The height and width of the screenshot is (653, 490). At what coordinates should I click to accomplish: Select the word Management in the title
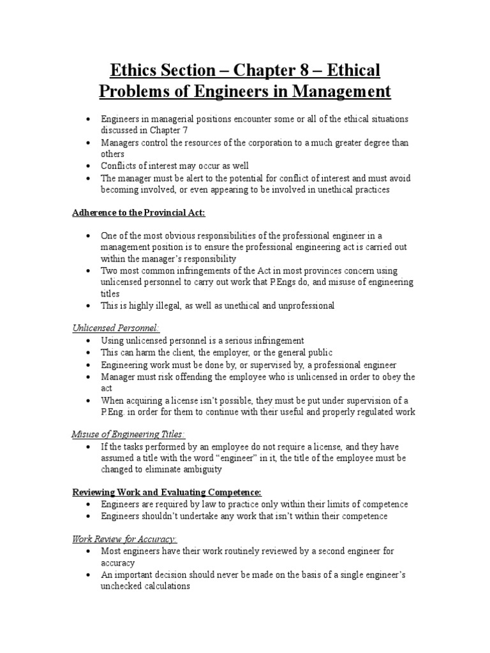point(341,91)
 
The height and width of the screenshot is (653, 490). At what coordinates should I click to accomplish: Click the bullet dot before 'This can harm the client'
point(87,353)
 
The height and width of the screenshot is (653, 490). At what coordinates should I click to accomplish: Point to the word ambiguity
point(202,470)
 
